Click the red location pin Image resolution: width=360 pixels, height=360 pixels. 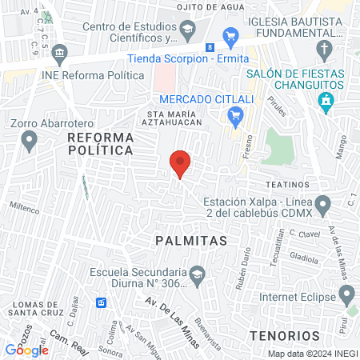click(x=180, y=164)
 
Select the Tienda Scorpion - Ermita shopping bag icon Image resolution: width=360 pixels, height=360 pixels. click(x=231, y=36)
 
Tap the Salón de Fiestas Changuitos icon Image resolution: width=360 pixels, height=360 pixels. click(x=325, y=101)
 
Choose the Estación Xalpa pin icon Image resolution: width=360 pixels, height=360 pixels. click(x=324, y=206)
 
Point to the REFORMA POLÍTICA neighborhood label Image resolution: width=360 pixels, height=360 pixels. click(x=100, y=144)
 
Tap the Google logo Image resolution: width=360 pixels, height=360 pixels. click(x=26, y=350)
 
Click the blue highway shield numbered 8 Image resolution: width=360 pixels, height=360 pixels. click(x=209, y=48)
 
